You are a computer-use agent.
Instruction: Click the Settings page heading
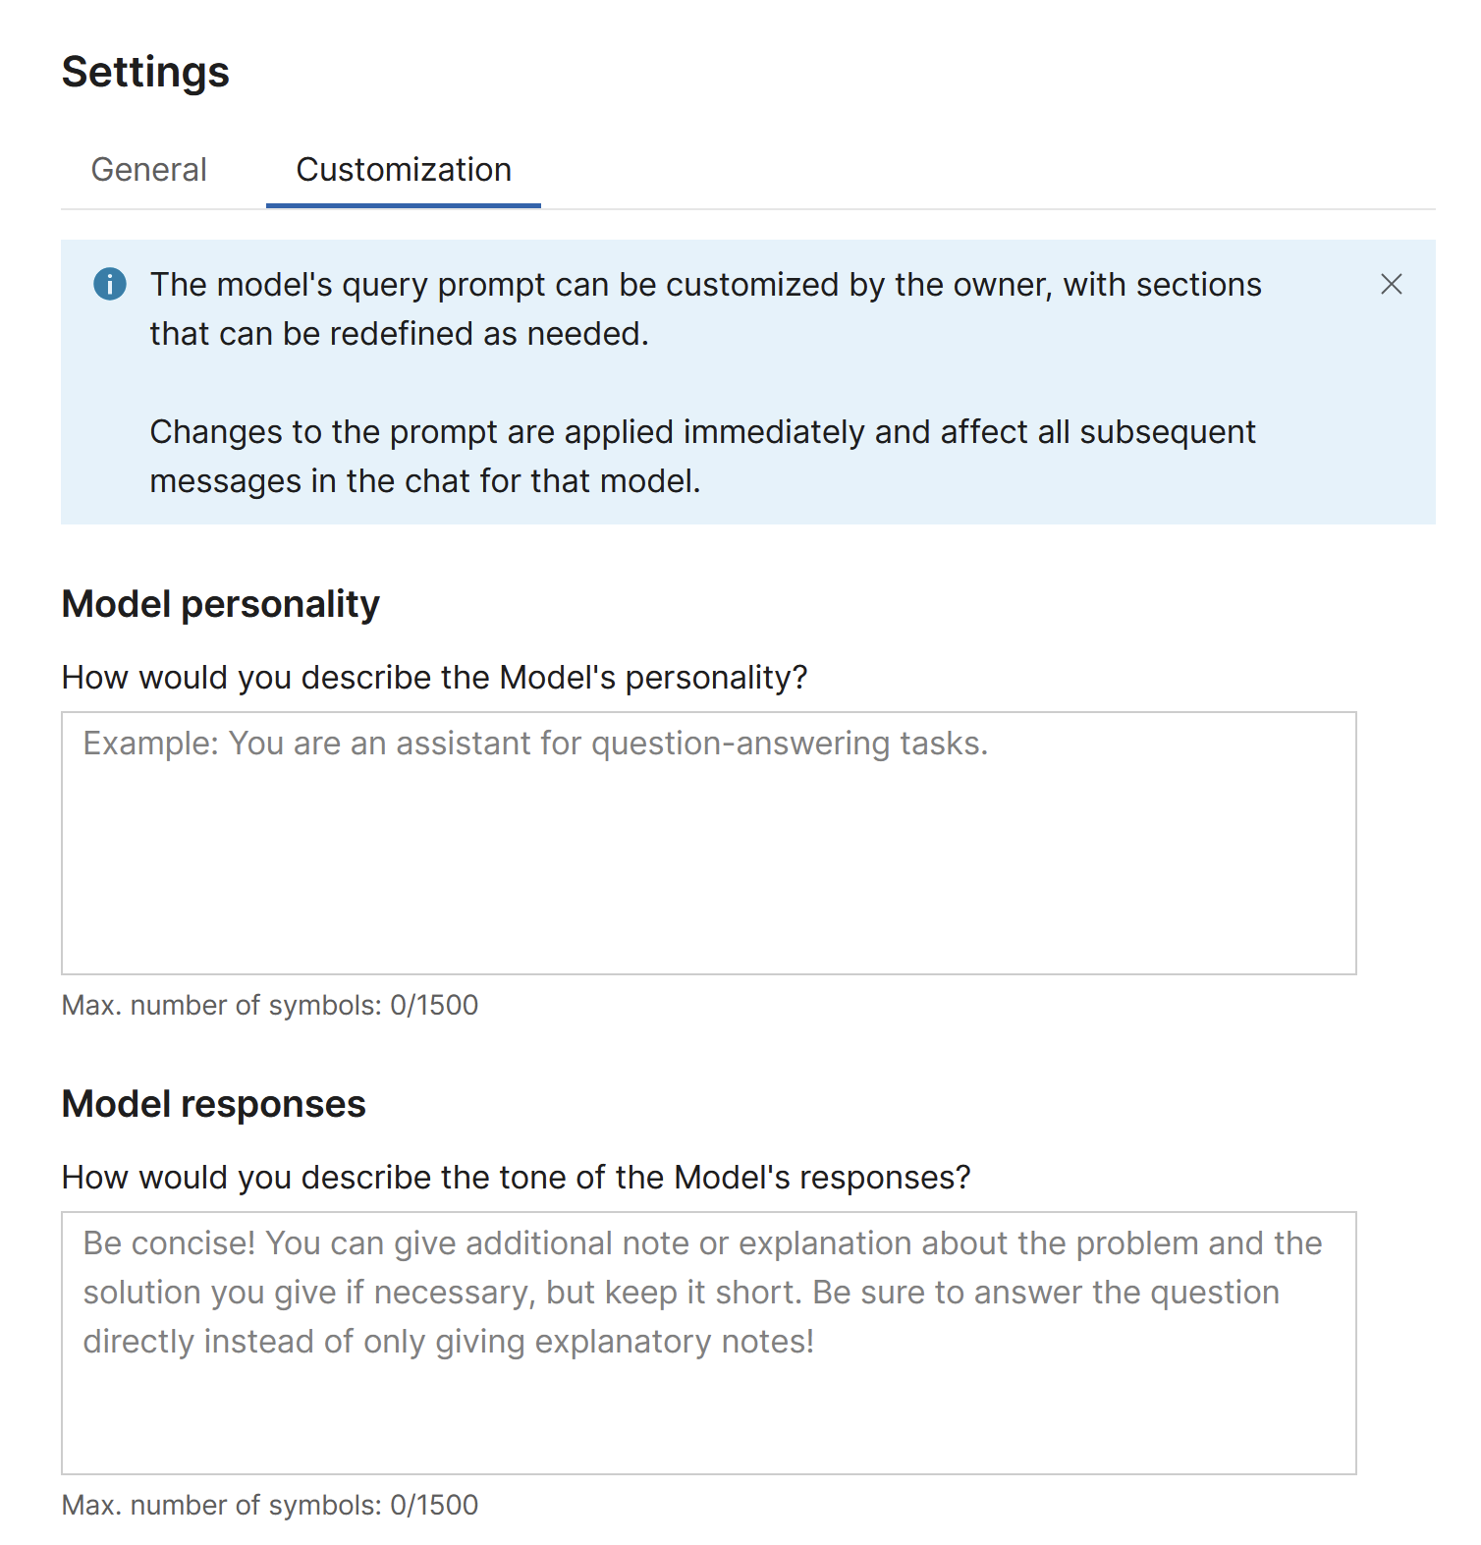click(x=145, y=73)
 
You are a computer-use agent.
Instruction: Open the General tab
click(x=148, y=170)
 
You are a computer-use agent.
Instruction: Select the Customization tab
click(x=404, y=170)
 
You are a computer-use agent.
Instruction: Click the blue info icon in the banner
click(x=110, y=284)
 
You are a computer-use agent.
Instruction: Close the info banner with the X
click(x=1391, y=285)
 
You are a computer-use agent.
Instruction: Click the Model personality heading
click(x=220, y=604)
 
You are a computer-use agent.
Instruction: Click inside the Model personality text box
click(x=708, y=855)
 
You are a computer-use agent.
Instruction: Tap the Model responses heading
click(x=213, y=1104)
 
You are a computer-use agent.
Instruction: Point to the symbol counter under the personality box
click(x=270, y=1005)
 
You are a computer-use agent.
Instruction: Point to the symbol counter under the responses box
click(x=270, y=1505)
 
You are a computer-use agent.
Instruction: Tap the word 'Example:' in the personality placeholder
click(x=150, y=744)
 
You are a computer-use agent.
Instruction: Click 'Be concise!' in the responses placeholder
click(x=169, y=1243)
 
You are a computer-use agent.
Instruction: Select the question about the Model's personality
click(x=434, y=678)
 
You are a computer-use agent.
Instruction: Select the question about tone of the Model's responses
click(x=516, y=1178)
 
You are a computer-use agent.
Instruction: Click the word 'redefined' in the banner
click(x=401, y=334)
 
